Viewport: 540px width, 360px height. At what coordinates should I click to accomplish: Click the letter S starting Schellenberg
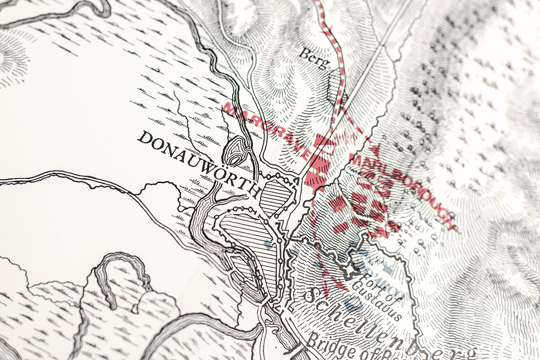[309, 296]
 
